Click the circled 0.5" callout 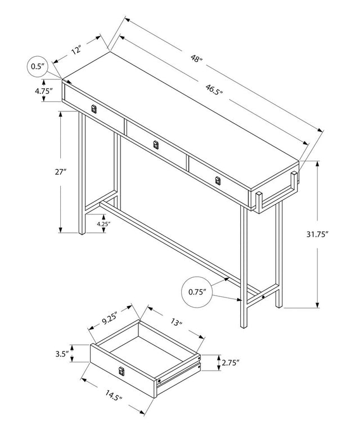point(38,66)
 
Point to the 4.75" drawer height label point(43,91)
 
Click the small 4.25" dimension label point(103,224)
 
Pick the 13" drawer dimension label point(177,323)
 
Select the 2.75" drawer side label point(231,363)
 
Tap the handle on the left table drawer point(94,108)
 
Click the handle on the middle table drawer point(156,145)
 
